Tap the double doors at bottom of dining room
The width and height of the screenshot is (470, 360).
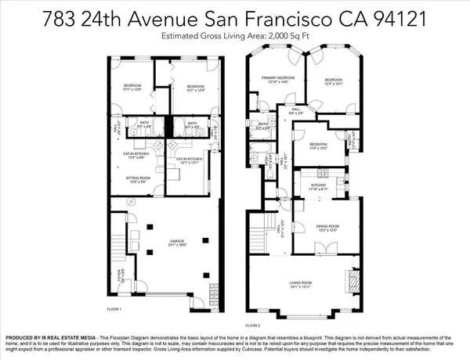tap(320, 253)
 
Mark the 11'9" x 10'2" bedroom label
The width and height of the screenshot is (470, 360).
tap(318, 146)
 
